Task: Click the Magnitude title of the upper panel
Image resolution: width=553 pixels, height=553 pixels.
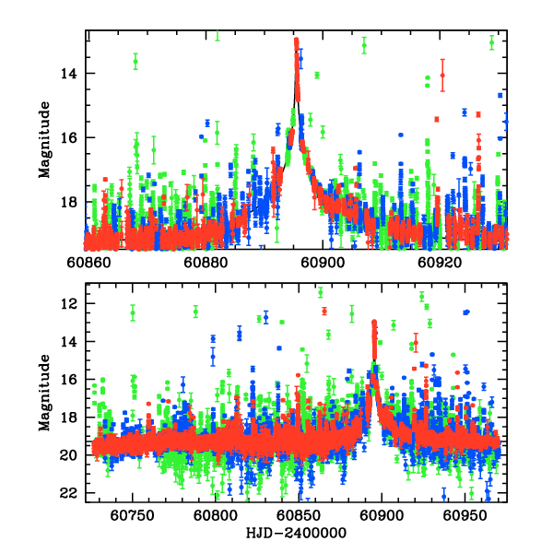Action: [x=43, y=139]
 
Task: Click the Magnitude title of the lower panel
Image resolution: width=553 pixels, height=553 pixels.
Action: [x=43, y=396]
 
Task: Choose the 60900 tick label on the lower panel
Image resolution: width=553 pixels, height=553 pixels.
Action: [x=382, y=516]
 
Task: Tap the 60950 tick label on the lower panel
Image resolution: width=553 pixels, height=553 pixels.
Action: [x=465, y=516]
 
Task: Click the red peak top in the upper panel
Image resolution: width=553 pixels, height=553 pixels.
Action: [x=296, y=41]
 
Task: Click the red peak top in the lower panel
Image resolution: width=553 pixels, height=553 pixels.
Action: [x=373, y=323]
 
